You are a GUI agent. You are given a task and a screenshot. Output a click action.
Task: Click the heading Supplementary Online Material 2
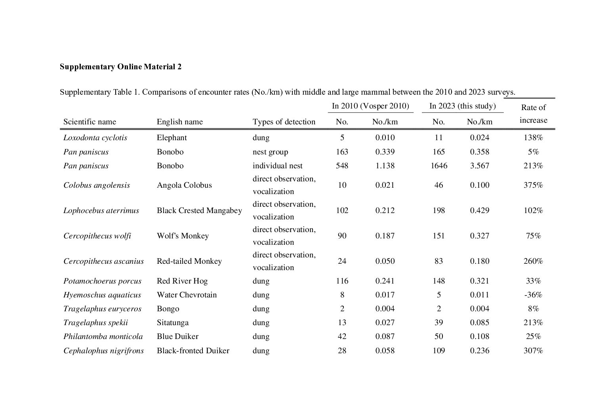tap(120, 67)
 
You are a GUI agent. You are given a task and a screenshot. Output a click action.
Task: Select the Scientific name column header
tap(90, 122)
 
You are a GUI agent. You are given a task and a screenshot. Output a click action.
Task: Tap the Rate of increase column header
tap(533, 114)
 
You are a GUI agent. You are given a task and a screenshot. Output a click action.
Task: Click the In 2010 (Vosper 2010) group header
tap(370, 106)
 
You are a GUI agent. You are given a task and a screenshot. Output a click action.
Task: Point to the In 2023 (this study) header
tap(462, 106)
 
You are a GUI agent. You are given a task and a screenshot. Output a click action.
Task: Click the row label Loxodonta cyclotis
tap(95, 138)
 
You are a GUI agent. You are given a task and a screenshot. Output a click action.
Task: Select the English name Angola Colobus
tap(184, 185)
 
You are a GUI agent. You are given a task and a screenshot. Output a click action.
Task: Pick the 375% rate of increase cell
tap(533, 185)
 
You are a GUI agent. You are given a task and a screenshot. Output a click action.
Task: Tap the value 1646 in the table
tap(439, 166)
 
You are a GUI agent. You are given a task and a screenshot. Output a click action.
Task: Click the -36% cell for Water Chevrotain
tap(533, 295)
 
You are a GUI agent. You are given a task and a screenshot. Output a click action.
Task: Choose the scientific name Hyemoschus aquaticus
tap(102, 295)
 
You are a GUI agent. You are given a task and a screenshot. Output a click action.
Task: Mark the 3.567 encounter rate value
tap(479, 166)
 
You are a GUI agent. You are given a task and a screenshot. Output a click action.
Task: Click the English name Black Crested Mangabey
tap(199, 210)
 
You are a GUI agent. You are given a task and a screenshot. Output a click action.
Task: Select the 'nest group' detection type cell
tap(270, 152)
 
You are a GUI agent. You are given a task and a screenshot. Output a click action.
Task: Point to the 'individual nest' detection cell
tap(277, 166)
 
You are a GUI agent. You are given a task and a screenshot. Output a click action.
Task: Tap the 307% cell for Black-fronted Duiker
tap(533, 350)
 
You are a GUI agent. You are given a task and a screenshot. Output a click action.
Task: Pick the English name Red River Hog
tap(182, 281)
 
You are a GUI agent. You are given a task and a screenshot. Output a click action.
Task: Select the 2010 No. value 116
tap(342, 281)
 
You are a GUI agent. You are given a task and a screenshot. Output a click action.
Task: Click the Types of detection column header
tap(284, 122)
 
